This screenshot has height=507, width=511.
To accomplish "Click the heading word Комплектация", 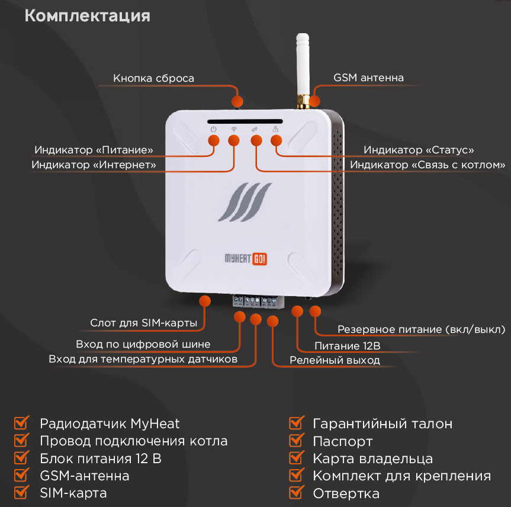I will click(87, 16).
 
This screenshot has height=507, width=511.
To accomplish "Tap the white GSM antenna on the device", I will click(302, 65).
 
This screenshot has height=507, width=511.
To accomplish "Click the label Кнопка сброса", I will click(153, 78).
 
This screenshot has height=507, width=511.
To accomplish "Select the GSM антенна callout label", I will click(368, 78).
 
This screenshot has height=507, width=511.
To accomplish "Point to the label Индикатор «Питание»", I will click(94, 150).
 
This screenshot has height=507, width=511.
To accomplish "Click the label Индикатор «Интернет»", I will click(94, 165).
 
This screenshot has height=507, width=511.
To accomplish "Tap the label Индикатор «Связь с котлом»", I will click(428, 165).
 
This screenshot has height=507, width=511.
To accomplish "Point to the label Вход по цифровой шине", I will click(143, 344).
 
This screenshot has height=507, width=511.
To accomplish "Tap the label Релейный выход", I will click(335, 360).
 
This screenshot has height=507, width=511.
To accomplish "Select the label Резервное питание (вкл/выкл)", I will click(421, 329).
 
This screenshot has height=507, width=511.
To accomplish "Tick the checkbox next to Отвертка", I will click(296, 493).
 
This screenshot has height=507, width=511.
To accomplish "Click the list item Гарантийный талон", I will click(383, 424).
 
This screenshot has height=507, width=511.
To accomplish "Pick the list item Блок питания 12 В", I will click(101, 459).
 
